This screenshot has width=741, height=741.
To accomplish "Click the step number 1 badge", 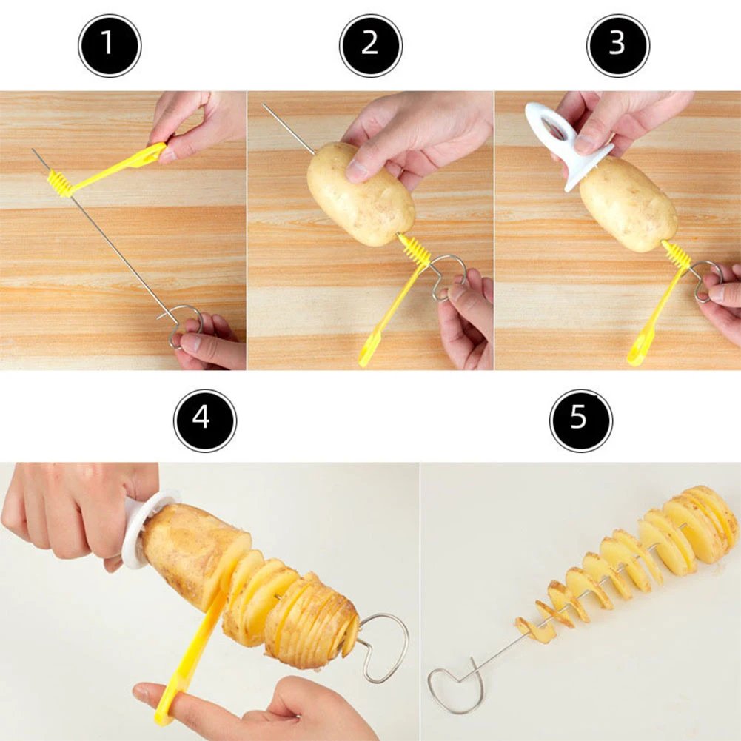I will click(x=109, y=45).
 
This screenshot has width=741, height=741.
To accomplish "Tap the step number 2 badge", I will click(x=370, y=45).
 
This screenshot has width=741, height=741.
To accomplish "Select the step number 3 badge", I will click(x=617, y=45).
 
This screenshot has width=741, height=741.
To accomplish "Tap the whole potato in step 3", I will click(x=628, y=204).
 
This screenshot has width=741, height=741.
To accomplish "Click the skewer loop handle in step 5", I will click(x=453, y=688).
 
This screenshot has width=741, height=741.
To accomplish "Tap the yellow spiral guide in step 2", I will click(x=417, y=252).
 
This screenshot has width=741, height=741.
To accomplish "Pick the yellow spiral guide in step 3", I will click(x=675, y=255).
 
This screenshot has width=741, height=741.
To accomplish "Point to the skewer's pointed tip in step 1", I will click(x=34, y=151).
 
